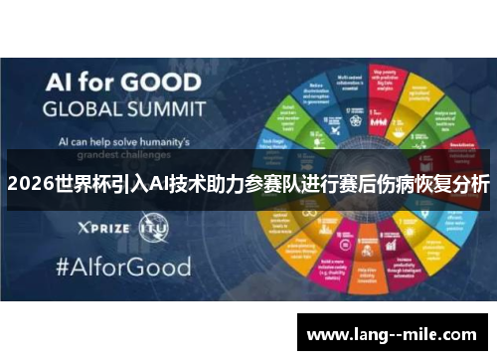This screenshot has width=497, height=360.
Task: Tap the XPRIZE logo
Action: click(100, 229)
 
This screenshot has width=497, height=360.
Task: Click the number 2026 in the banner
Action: click(31, 184)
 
